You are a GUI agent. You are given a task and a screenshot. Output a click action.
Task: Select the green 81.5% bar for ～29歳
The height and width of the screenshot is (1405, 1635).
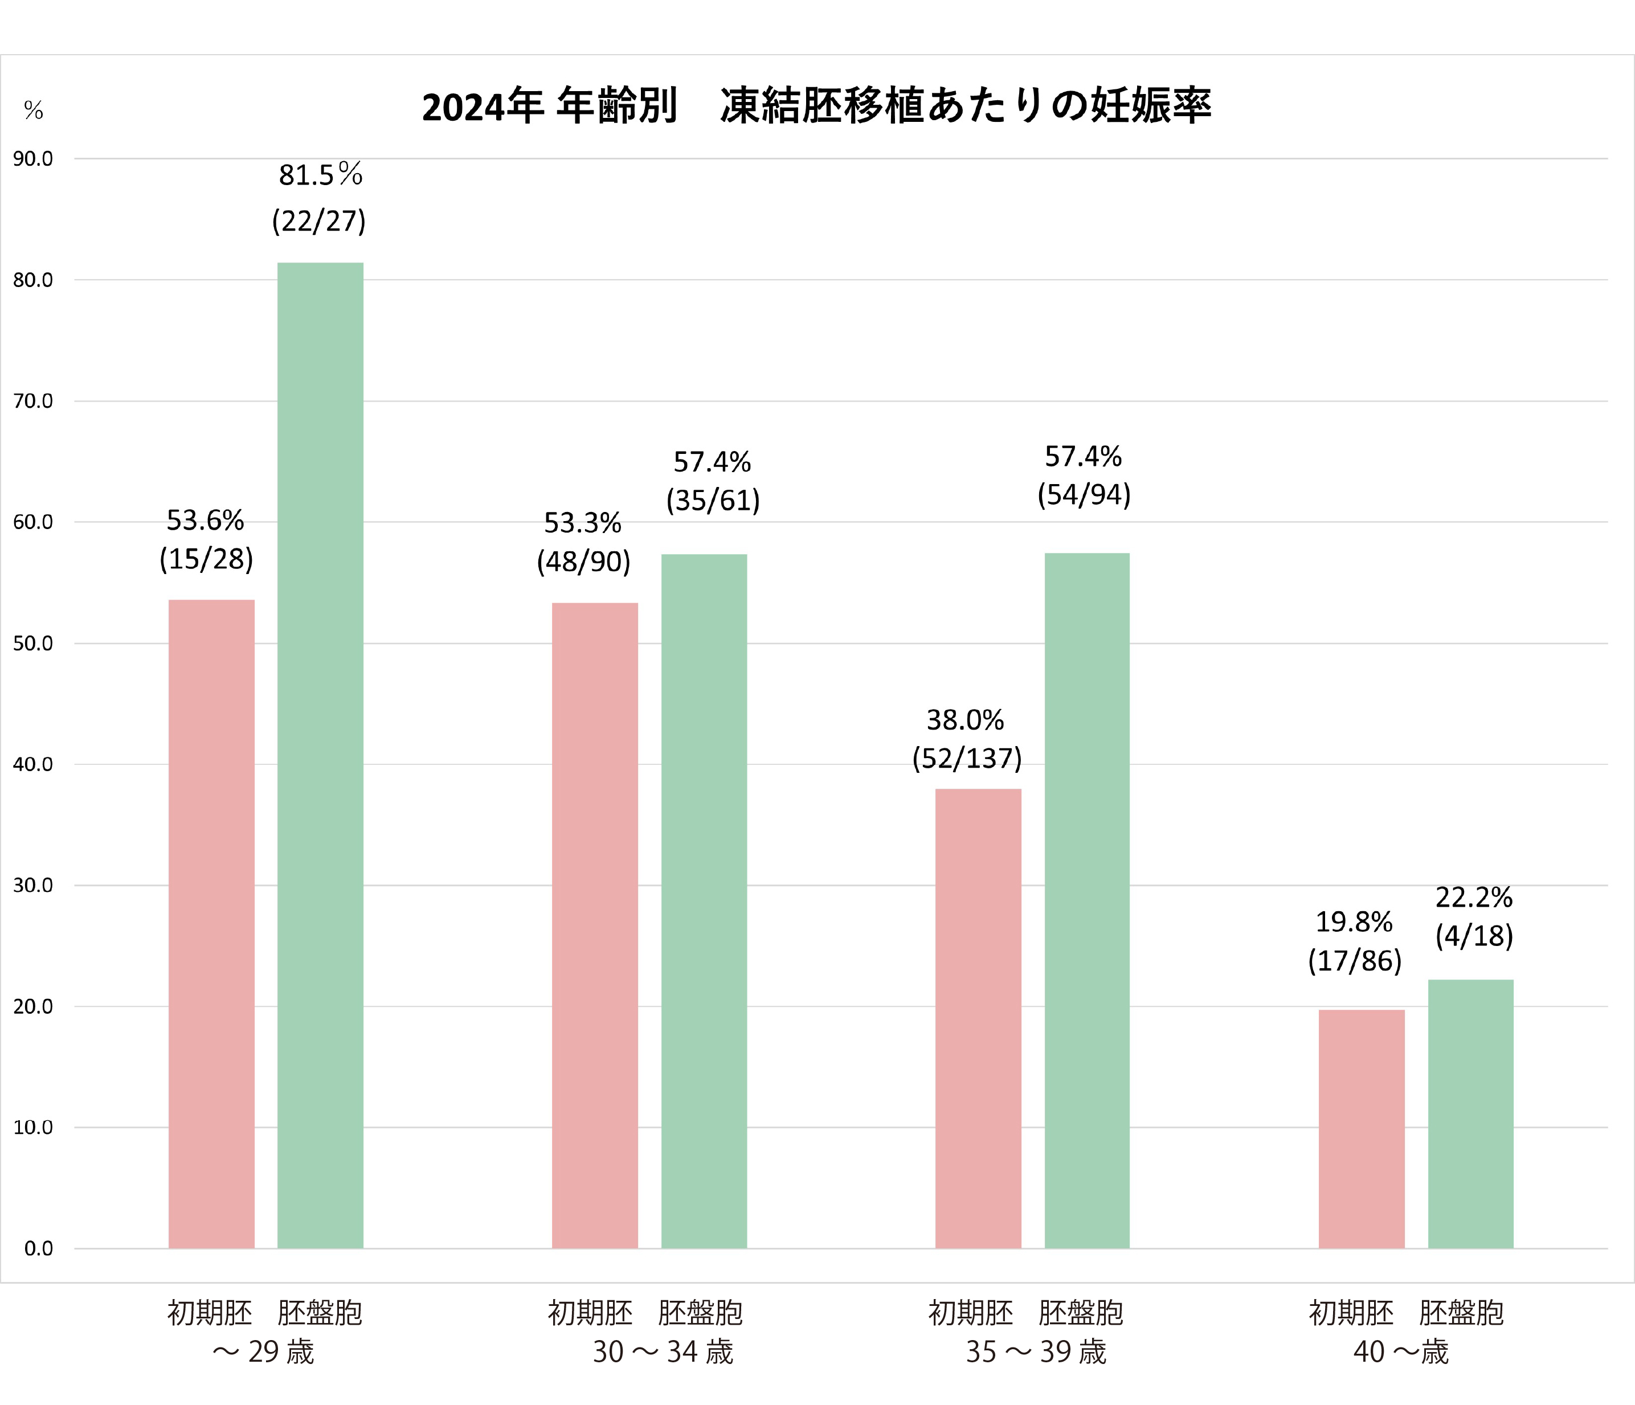click(320, 755)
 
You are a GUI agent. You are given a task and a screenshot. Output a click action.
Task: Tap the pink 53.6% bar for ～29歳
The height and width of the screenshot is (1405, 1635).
click(211, 924)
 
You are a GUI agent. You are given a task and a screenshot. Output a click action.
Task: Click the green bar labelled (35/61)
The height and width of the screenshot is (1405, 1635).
click(704, 901)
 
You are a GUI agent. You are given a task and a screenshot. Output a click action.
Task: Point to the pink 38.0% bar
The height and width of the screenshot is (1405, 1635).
click(979, 1018)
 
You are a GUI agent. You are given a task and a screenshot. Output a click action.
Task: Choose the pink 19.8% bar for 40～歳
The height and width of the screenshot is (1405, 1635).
click(1362, 1129)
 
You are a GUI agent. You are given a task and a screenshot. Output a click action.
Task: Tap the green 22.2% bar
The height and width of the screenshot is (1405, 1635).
click(1471, 1114)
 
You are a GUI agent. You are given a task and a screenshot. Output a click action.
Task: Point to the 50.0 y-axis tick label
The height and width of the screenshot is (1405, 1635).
click(33, 644)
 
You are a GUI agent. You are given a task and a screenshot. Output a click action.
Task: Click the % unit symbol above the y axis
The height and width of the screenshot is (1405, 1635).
click(33, 110)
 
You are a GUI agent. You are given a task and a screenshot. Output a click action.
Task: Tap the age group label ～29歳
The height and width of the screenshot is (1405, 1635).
click(263, 1352)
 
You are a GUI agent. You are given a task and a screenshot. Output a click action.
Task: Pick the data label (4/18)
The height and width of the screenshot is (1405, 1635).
click(1474, 936)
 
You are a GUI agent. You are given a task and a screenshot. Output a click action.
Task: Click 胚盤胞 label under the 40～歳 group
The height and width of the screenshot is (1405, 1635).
click(1461, 1313)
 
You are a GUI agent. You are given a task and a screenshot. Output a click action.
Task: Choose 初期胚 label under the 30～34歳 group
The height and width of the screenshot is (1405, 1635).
click(590, 1313)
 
